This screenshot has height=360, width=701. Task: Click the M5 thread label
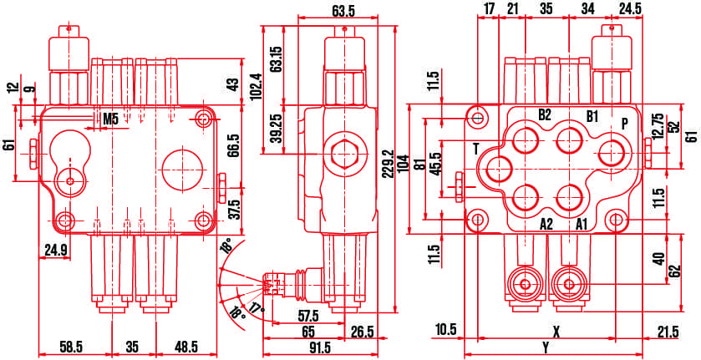pyautogui.click(x=110, y=119)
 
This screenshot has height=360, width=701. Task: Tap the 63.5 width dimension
pyautogui.click(x=343, y=12)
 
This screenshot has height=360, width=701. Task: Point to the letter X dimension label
pyautogui.click(x=556, y=332)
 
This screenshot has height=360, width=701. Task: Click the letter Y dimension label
pyautogui.click(x=546, y=347)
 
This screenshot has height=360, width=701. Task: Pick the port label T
pyautogui.click(x=476, y=150)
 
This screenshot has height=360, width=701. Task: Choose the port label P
pyautogui.click(x=625, y=124)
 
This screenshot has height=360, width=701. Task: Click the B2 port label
pyautogui.click(x=544, y=115)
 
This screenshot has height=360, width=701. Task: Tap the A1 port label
pyautogui.click(x=582, y=224)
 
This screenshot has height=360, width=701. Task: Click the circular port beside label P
pyautogui.click(x=612, y=154)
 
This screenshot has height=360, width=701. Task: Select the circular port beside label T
pyautogui.click(x=500, y=170)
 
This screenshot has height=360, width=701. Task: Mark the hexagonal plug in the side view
pyautogui.click(x=344, y=155)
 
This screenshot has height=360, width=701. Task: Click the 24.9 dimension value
pyautogui.click(x=55, y=251)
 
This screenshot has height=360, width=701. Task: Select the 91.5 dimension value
pyautogui.click(x=320, y=347)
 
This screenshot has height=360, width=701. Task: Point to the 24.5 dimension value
pyautogui.click(x=630, y=9)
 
